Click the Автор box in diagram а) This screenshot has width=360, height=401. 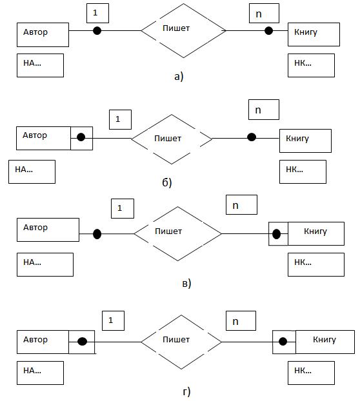point(43,35)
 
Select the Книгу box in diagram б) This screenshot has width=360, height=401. point(305,141)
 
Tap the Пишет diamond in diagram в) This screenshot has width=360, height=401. point(177,234)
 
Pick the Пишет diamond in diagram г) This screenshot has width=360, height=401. point(181,342)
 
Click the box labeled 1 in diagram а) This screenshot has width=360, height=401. point(97,13)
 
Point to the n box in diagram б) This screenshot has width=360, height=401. point(264,110)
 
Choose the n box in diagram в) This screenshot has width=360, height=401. point(241,204)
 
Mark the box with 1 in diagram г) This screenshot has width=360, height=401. point(113,320)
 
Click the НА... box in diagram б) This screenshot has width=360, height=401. point(32,172)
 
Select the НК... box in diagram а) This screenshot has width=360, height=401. point(311,65)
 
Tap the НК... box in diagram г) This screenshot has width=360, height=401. point(311,373)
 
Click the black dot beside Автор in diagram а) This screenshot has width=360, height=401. point(97,31)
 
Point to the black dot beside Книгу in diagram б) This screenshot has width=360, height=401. point(252,137)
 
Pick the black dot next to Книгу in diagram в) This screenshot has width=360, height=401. point(276,234)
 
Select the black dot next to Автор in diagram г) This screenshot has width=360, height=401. point(82,342)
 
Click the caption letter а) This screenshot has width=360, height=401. point(179,77)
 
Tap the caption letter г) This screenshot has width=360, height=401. point(187,391)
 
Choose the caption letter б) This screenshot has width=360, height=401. point(167,182)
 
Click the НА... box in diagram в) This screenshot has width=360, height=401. point(45,265)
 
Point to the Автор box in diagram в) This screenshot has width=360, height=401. point(48,230)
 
